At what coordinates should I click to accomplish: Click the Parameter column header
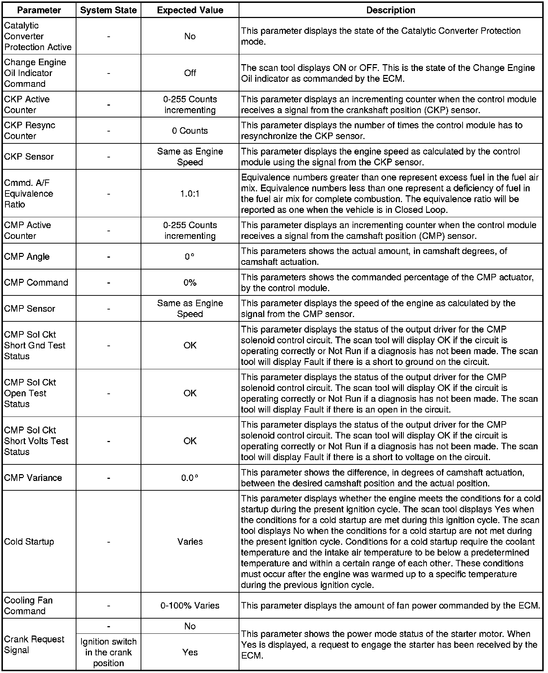(39, 10)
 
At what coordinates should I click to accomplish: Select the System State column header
(109, 10)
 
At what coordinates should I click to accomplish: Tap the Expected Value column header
(190, 10)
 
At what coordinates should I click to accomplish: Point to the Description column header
(391, 10)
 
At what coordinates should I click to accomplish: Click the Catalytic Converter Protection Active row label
(38, 36)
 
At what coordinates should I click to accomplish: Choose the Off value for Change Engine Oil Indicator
(190, 73)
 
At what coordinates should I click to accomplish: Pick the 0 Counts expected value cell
(190, 131)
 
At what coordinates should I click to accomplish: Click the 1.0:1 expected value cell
(190, 194)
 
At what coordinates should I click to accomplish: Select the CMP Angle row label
(27, 257)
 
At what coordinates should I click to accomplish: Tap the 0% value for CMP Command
(190, 283)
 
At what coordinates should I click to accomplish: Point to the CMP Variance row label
(33, 478)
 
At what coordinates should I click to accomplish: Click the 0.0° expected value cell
(190, 478)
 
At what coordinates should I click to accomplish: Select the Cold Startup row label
(29, 541)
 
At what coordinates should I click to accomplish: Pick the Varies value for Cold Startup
(190, 541)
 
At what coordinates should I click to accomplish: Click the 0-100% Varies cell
(190, 606)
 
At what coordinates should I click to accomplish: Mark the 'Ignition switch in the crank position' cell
(109, 652)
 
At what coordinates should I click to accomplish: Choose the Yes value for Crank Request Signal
(190, 652)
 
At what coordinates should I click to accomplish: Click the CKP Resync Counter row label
(30, 131)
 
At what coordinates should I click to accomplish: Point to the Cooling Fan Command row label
(28, 606)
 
